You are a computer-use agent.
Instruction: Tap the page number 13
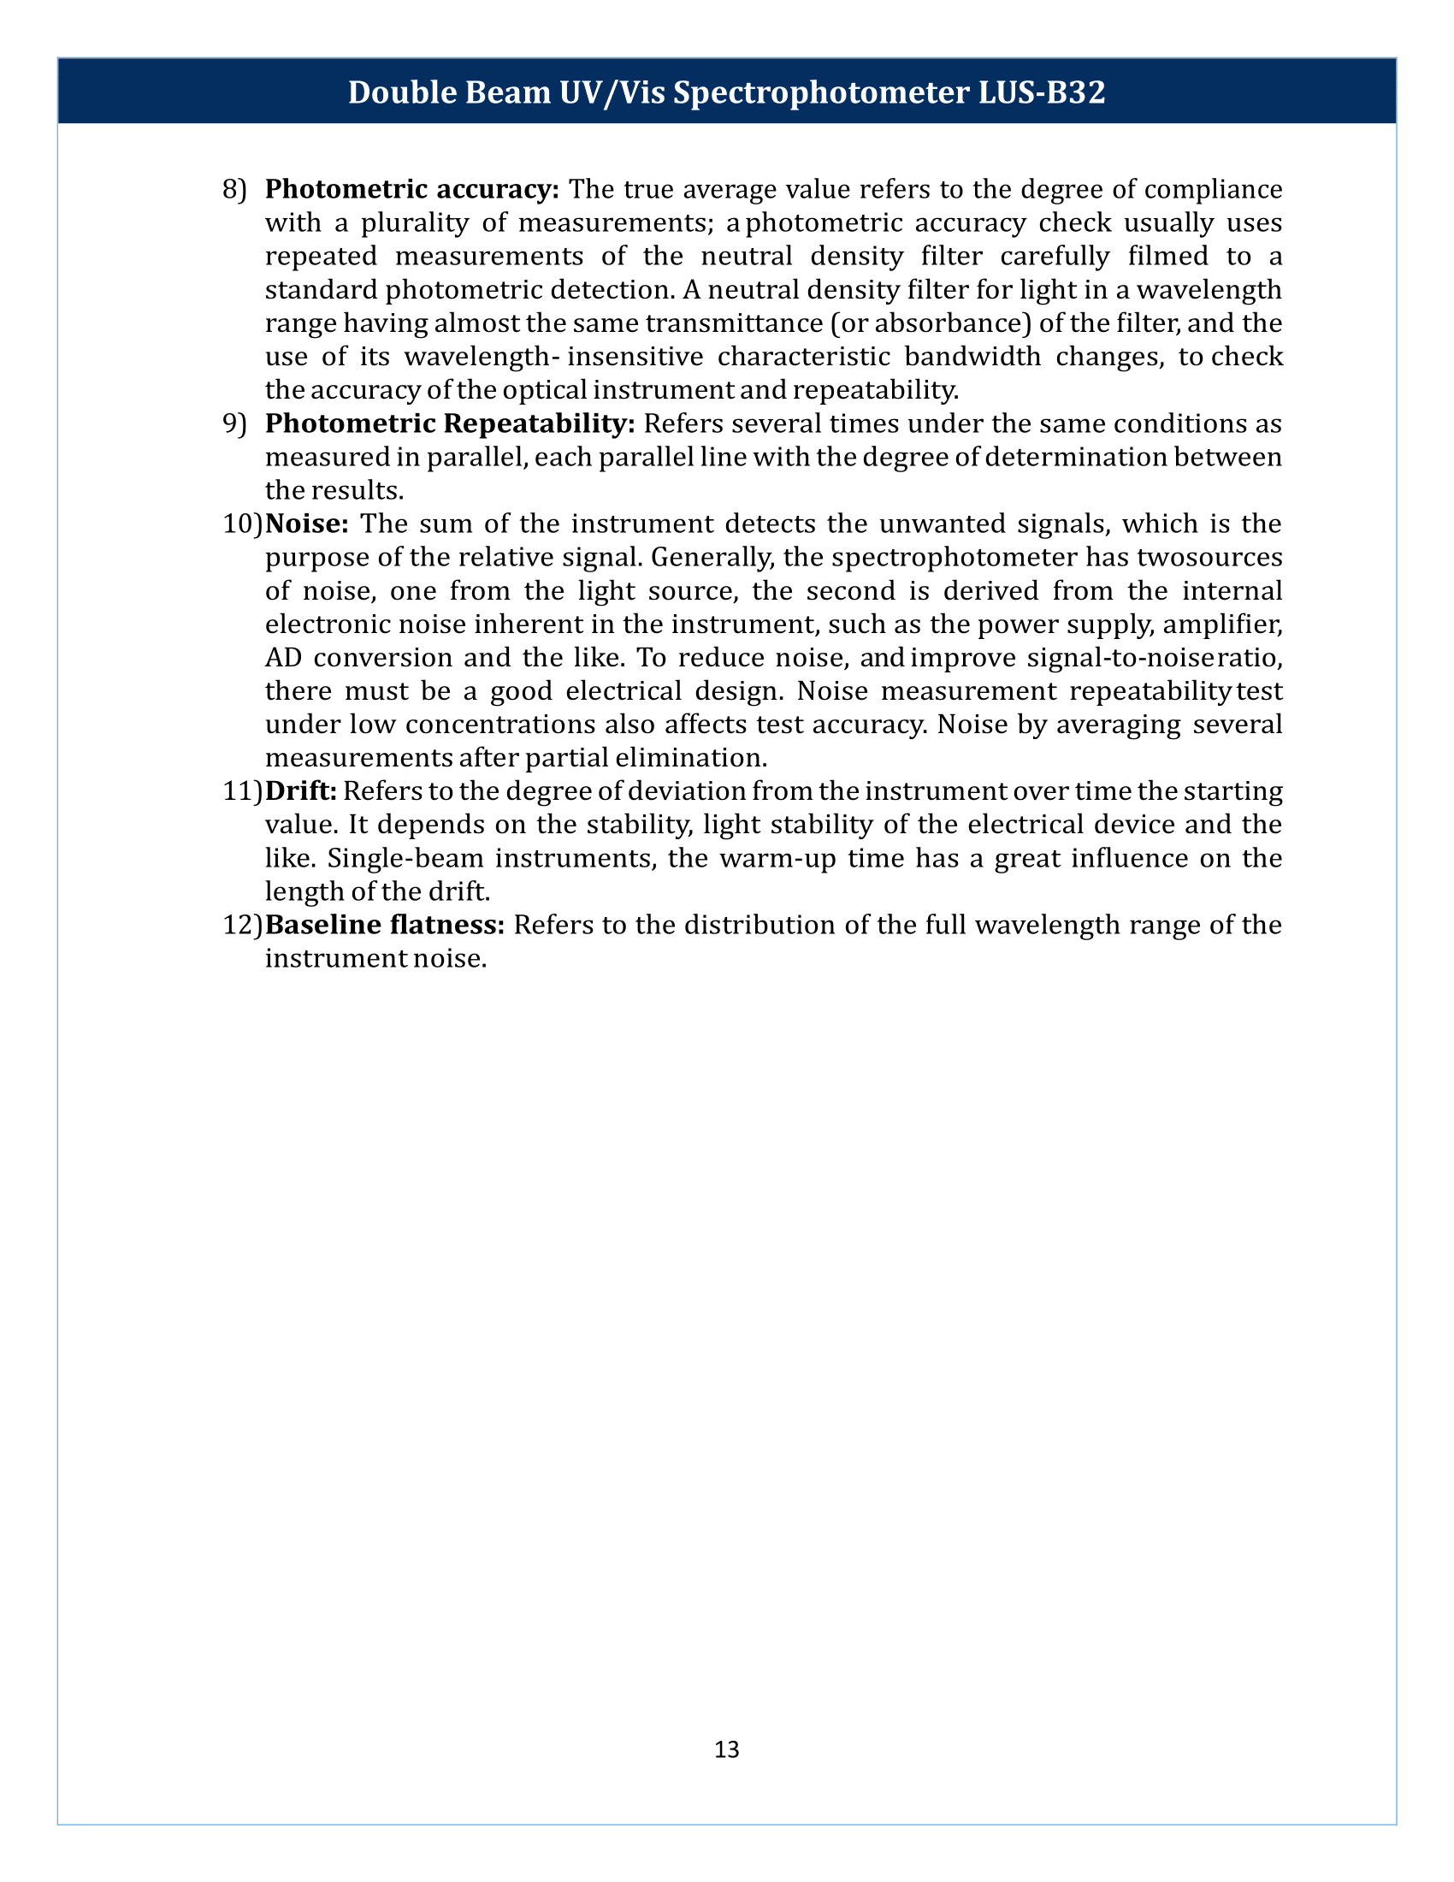tap(726, 1749)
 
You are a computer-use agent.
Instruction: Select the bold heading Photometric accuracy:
tap(412, 189)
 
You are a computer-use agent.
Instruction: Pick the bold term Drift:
tap(300, 790)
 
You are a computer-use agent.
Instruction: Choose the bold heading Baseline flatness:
tap(384, 925)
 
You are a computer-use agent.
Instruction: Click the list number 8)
tap(234, 189)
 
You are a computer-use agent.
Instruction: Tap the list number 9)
tap(234, 423)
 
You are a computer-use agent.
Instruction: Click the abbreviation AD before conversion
tap(283, 658)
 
